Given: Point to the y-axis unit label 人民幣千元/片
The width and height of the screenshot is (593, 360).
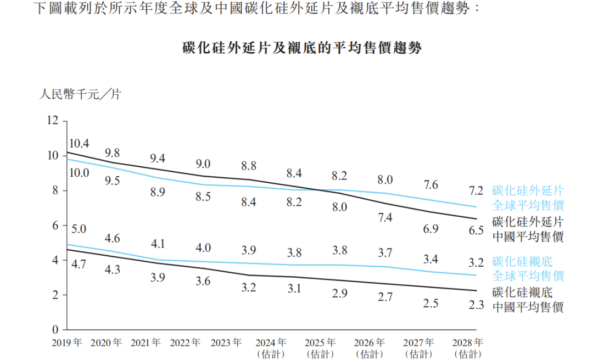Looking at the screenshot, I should [x=79, y=94].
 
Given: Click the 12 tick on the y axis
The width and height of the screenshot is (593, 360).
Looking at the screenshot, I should [x=52, y=120].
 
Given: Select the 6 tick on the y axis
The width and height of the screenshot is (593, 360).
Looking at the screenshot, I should [x=55, y=225].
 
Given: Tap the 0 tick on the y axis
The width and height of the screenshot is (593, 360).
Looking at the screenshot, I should [x=55, y=330].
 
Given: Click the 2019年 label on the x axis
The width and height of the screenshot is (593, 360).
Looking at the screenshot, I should [x=67, y=343].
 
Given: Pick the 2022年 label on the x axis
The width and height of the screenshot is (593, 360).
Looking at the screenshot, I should [x=185, y=343].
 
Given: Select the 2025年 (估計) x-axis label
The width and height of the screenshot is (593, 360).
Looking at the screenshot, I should [x=320, y=348].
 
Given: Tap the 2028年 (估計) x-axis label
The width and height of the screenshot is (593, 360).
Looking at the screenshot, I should [x=469, y=348].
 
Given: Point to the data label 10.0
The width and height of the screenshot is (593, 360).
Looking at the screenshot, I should [x=79, y=173].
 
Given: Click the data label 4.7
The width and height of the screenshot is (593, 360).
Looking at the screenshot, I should [x=79, y=265].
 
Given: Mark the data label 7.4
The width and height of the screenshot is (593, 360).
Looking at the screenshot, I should [x=385, y=218].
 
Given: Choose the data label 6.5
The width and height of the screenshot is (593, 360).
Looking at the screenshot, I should [x=476, y=230].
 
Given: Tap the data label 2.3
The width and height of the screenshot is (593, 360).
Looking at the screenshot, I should [x=476, y=305].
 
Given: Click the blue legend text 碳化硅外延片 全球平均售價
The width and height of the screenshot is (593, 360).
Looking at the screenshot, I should [x=528, y=198].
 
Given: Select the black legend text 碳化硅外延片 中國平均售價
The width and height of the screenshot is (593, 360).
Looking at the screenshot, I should [x=528, y=229].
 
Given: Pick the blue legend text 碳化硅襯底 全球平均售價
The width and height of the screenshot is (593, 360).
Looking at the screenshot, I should [x=528, y=268].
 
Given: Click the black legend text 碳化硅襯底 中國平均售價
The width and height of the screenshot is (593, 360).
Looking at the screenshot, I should [x=528, y=300].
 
